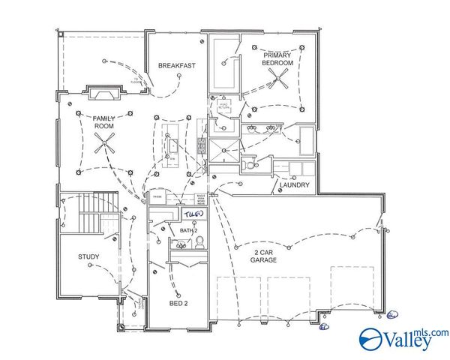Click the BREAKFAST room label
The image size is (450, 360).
coord(177,66)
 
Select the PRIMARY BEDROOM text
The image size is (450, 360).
coord(277,60)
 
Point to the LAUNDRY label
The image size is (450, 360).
coord(295,185)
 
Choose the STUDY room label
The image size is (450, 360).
coord(88,257)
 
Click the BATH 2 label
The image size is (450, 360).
coord(188,230)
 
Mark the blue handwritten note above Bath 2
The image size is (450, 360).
coord(193,216)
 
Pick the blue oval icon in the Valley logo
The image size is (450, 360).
coord(371,338)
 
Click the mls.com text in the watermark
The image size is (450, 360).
coord(436,332)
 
